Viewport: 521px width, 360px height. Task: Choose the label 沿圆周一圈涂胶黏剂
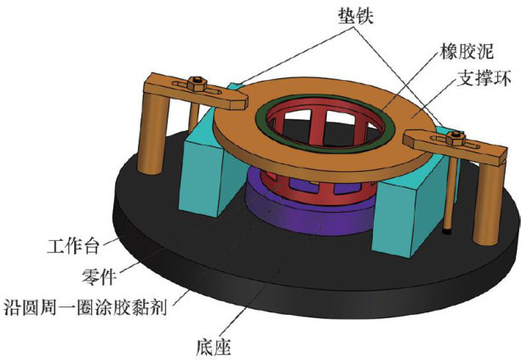[x=86, y=306]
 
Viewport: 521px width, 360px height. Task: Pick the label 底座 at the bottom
[x=212, y=346]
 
